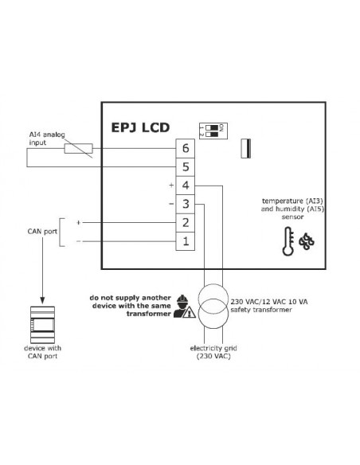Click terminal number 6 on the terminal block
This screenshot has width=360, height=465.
(x=186, y=148)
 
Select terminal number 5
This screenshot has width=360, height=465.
(x=186, y=167)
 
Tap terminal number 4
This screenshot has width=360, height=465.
(x=186, y=186)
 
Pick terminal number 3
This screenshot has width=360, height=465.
(x=186, y=204)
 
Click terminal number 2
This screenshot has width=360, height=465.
(x=186, y=223)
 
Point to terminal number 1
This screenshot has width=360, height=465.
(x=186, y=241)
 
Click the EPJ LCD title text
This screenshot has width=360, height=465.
(x=140, y=127)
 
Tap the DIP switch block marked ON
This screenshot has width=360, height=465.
(x=213, y=131)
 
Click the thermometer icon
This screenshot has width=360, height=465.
(x=288, y=241)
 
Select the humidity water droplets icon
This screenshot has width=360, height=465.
(x=307, y=242)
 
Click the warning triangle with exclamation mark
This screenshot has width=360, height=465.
(x=190, y=312)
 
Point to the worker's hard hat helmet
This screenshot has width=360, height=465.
(x=182, y=298)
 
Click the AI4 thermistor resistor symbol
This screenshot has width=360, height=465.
(x=79, y=149)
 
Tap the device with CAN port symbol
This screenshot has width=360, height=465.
(x=42, y=325)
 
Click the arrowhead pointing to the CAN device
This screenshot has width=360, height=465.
(x=42, y=300)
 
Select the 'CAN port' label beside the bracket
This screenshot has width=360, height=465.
(x=42, y=232)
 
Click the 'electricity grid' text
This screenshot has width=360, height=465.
(x=213, y=348)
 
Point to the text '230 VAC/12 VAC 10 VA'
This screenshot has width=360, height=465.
(x=269, y=302)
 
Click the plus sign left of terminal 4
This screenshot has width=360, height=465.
(x=171, y=186)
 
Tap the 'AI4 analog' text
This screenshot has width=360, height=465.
(x=47, y=135)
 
